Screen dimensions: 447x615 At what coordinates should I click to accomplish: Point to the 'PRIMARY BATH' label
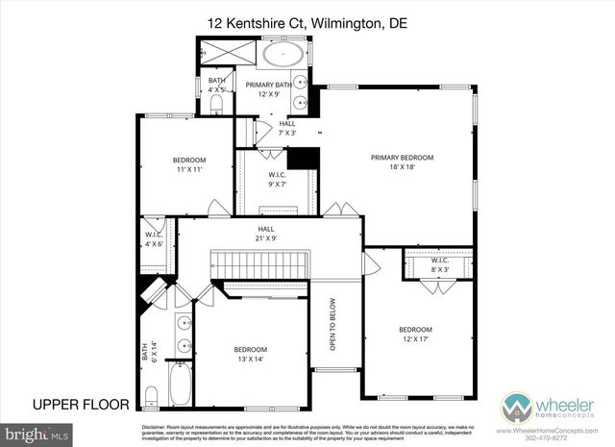[269, 85]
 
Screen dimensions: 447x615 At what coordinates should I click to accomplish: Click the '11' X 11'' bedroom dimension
[189, 169]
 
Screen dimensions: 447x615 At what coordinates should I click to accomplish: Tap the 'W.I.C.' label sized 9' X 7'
[279, 175]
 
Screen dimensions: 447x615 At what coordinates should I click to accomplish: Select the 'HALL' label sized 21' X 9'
[266, 229]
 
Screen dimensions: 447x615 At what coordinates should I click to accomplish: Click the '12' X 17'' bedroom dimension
[416, 340]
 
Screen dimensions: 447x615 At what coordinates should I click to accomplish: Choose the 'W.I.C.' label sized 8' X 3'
[440, 261]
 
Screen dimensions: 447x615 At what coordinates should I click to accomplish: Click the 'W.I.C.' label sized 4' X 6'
[154, 235]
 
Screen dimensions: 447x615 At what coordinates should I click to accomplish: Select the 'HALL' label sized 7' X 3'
[287, 123]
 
